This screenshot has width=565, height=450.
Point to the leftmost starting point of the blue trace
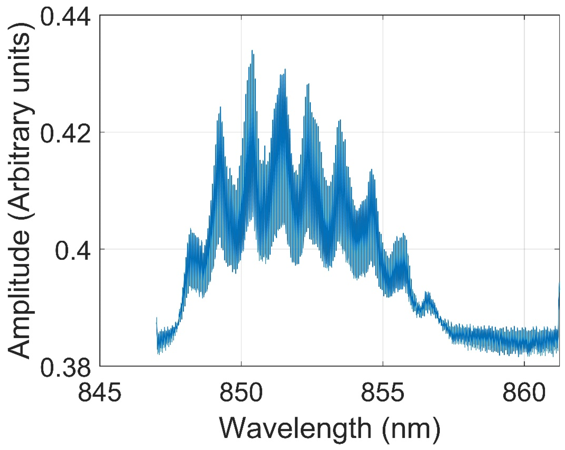(157, 318)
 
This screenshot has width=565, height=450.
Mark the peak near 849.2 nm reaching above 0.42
(220, 107)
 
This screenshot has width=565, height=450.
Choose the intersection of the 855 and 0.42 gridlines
(383, 132)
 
